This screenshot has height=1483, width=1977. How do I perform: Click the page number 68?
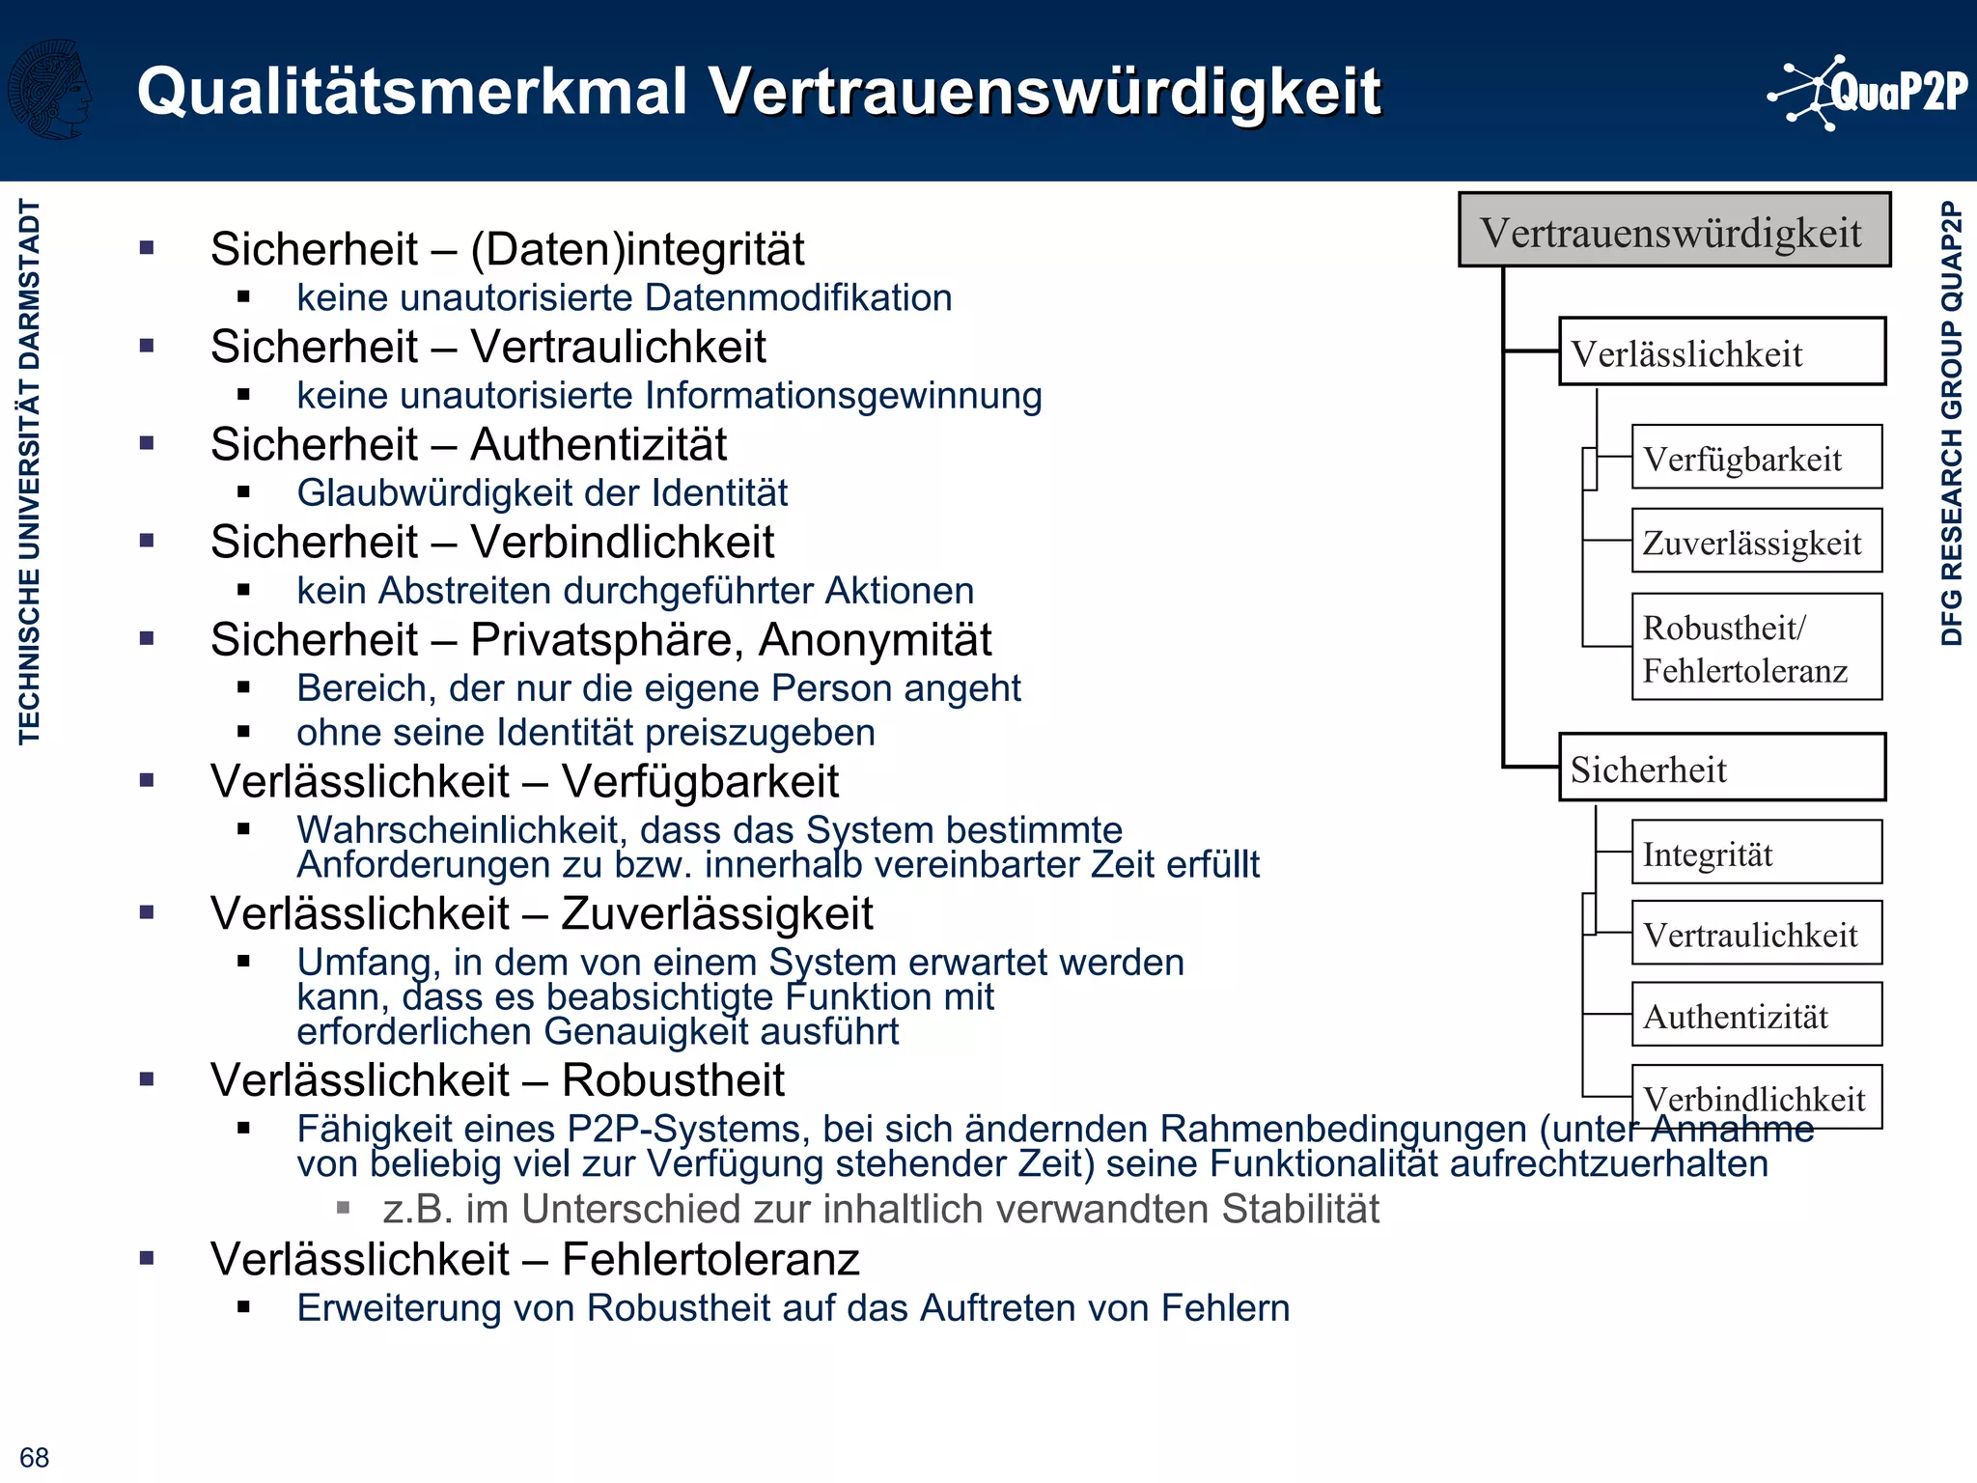click(x=34, y=1457)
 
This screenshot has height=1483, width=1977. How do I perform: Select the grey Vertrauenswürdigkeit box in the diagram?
click(x=1673, y=231)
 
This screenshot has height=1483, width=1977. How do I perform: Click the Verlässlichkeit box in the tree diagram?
click(x=1721, y=352)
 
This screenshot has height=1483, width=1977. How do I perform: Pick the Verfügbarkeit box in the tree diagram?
click(x=1756, y=458)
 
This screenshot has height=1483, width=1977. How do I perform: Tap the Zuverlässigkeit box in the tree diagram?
click(x=1756, y=542)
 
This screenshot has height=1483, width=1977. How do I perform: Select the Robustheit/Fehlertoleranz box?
click(x=1756, y=647)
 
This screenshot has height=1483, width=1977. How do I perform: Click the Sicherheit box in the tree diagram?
click(x=1721, y=769)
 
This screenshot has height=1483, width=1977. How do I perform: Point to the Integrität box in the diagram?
click(x=1756, y=853)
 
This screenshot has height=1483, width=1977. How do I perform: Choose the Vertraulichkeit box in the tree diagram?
click(x=1756, y=934)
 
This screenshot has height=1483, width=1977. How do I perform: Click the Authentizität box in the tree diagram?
click(x=1756, y=1015)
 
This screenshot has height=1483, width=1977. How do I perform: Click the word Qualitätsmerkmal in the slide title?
click(x=412, y=93)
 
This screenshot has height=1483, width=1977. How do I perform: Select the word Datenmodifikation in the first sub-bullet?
click(x=798, y=298)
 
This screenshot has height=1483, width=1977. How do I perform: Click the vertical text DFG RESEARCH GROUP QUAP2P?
click(x=1951, y=423)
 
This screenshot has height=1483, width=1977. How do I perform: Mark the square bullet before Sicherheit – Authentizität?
click(x=147, y=444)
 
